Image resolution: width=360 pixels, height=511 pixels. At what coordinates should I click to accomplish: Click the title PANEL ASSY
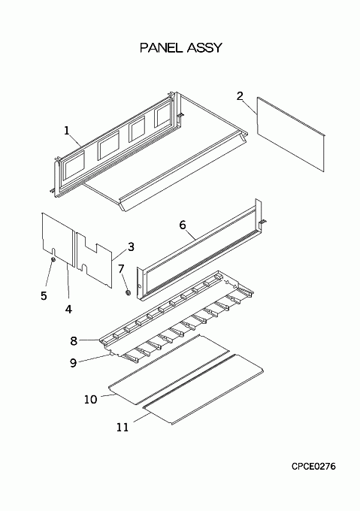point(181,47)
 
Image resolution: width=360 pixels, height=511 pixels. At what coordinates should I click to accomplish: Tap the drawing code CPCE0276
point(313,467)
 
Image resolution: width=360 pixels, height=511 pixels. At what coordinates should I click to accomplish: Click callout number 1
point(67,131)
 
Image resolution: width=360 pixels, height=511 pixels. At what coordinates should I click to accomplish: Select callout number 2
point(240,96)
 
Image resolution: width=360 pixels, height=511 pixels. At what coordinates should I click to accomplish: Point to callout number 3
point(131,246)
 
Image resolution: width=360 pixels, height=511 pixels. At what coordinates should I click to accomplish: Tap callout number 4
point(68,309)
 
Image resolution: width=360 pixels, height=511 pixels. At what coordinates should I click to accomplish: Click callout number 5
point(44,295)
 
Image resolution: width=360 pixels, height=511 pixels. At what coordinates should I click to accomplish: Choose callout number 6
point(183,225)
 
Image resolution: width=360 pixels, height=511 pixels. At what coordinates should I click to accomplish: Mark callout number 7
point(121,269)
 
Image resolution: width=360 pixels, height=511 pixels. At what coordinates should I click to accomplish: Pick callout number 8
point(74,341)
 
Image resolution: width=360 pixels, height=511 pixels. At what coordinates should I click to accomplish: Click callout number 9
point(74,362)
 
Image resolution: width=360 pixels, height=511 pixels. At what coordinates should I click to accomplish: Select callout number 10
point(91,399)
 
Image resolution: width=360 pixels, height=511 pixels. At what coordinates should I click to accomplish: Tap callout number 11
point(123,428)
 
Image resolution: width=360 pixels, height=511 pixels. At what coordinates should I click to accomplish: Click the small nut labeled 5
point(53,259)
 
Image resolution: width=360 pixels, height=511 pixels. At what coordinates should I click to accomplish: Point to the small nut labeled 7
point(128,292)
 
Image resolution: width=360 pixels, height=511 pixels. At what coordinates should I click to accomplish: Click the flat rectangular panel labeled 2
point(291,134)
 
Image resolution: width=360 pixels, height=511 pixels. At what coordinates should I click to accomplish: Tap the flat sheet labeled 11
point(203,389)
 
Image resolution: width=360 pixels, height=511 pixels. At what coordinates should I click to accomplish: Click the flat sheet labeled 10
point(169,370)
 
